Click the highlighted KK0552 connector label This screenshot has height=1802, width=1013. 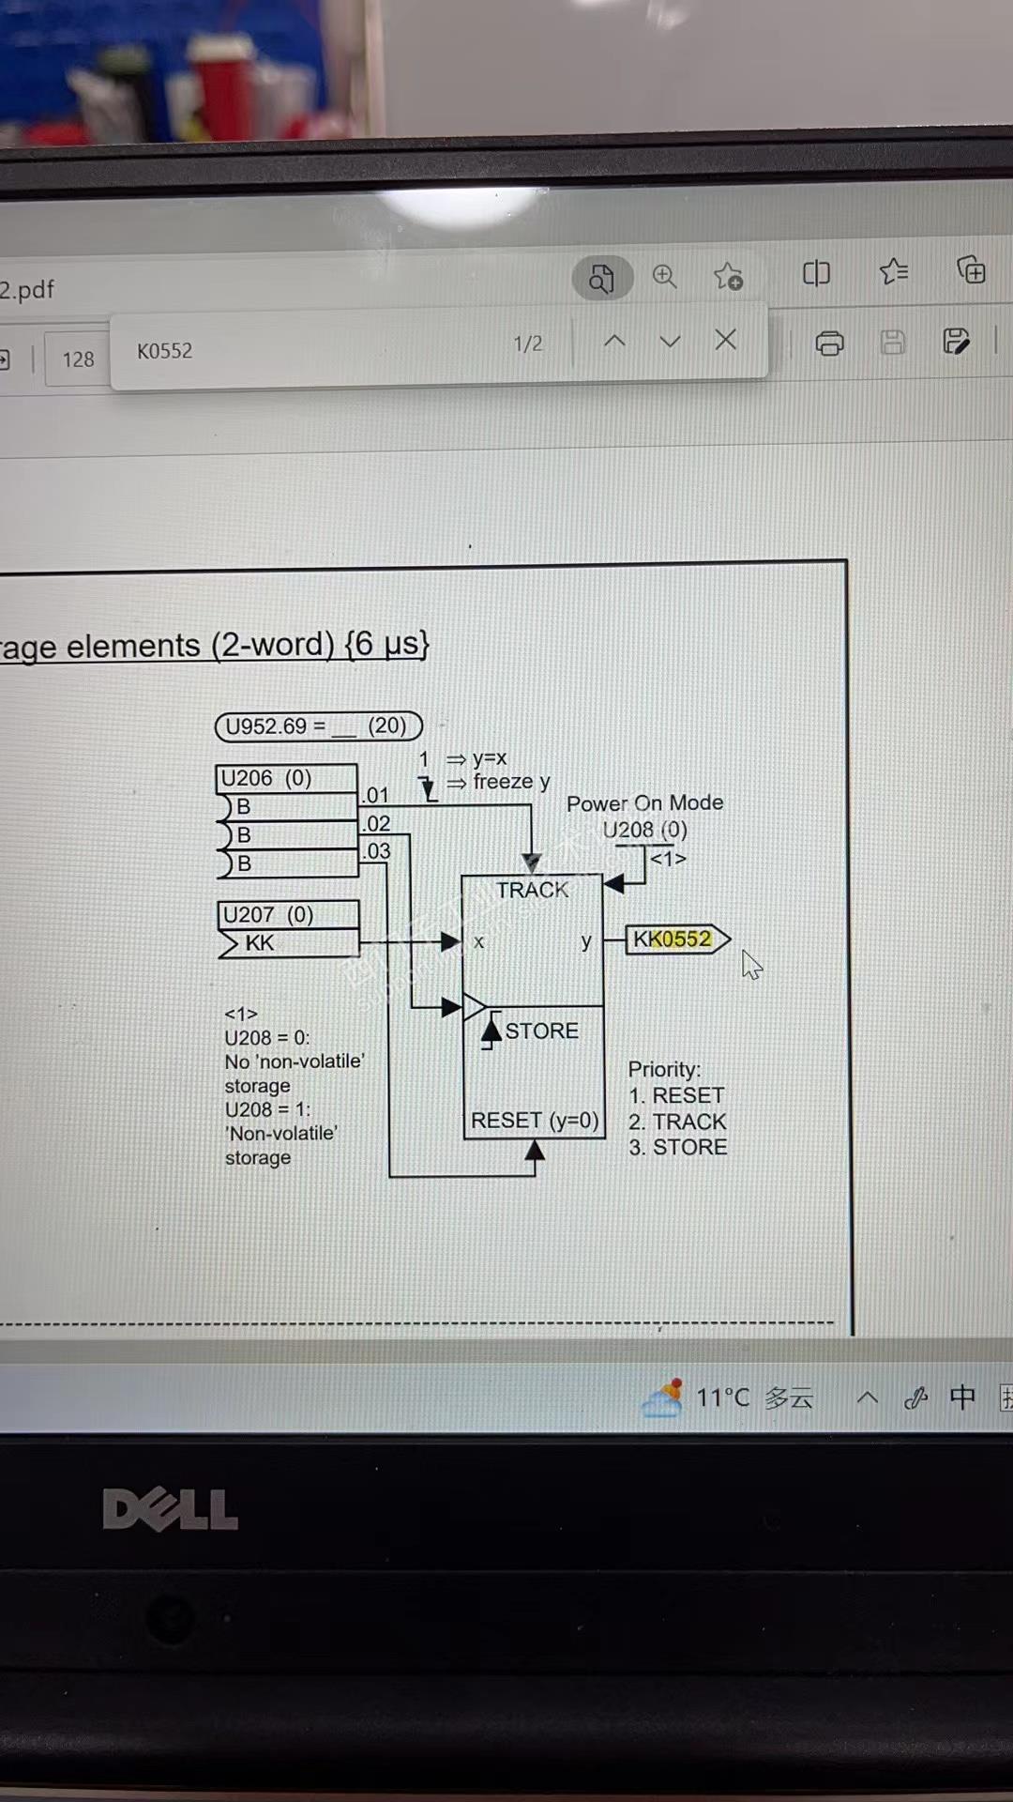coord(673,939)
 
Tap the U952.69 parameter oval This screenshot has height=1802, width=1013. coord(318,726)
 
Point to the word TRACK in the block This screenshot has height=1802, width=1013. coord(532,890)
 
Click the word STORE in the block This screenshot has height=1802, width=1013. coord(541,1031)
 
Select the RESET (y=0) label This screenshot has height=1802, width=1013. coord(534,1121)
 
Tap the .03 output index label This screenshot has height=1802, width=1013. coord(377,851)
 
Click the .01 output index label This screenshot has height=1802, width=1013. coord(377,796)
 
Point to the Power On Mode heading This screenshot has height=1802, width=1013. coord(644,803)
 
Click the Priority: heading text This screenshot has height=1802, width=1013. coord(664,1070)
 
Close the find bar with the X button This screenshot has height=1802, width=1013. coord(725,340)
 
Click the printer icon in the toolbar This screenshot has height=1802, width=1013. coord(829,344)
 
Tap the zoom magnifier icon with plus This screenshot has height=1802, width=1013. coord(664,276)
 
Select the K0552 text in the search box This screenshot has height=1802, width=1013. coord(165,351)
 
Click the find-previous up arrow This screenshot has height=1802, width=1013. coord(614,341)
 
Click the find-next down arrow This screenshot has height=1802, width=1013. coord(670,341)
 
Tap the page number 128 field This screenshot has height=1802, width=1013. coord(78,359)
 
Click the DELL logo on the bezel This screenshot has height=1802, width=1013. coord(170,1510)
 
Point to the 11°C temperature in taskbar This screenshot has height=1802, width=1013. coord(722,1398)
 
